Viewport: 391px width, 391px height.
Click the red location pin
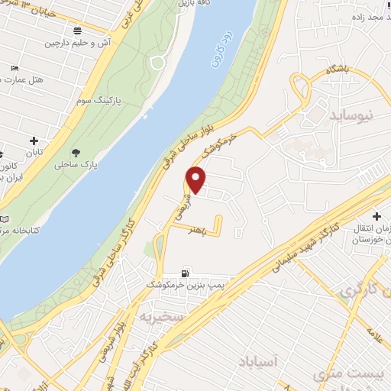pos(196,179)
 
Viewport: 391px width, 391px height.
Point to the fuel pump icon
pos(184,273)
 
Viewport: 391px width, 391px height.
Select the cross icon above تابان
pos(34,141)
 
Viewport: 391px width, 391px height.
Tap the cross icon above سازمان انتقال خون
pos(378,216)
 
